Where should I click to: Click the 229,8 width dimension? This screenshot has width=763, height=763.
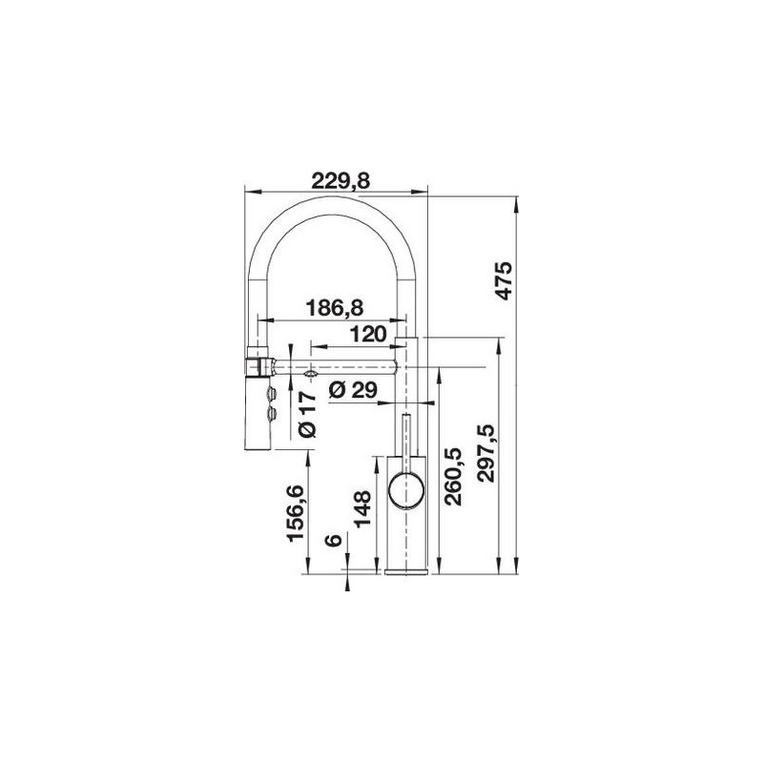(x=340, y=181)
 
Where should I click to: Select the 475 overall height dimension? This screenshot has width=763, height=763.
(x=504, y=280)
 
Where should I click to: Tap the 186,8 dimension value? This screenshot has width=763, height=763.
(x=335, y=307)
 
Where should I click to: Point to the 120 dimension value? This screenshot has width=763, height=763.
(x=368, y=335)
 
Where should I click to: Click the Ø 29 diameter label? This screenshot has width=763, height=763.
(x=353, y=390)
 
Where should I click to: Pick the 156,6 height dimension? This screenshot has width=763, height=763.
(x=296, y=513)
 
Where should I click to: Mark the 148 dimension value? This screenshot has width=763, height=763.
(x=362, y=509)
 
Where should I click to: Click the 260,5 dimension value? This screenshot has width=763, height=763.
(x=454, y=478)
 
